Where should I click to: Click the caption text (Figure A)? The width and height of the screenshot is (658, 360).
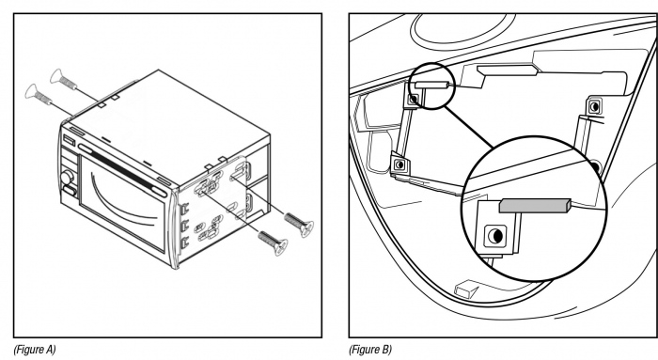[x=35, y=349]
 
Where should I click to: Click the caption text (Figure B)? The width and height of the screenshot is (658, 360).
[x=370, y=349]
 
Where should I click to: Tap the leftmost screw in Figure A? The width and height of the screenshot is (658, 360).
[x=39, y=95]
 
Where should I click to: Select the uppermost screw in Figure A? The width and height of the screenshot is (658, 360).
[x=64, y=80]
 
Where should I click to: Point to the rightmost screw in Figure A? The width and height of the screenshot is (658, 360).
[x=299, y=225]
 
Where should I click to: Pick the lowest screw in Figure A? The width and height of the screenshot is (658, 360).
[x=273, y=243]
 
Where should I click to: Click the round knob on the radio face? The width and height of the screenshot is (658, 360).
[x=67, y=178]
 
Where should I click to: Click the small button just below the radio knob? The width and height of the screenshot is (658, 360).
[x=70, y=192]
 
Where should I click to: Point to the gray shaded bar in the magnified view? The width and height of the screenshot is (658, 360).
[x=535, y=206]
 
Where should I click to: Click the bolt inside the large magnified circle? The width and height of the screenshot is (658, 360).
[x=495, y=236]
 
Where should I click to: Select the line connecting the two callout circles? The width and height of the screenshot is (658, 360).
[x=469, y=127]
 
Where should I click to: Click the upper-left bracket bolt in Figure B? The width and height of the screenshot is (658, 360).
[x=414, y=100]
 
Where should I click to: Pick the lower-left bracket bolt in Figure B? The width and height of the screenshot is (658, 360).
[x=399, y=164]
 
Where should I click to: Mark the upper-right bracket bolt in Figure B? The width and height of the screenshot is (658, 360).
[x=594, y=106]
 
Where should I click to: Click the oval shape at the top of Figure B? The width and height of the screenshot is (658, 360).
[x=462, y=27]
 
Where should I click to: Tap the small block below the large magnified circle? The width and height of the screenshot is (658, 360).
[x=466, y=290]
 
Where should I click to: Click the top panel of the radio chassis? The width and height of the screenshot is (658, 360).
[x=168, y=121]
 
